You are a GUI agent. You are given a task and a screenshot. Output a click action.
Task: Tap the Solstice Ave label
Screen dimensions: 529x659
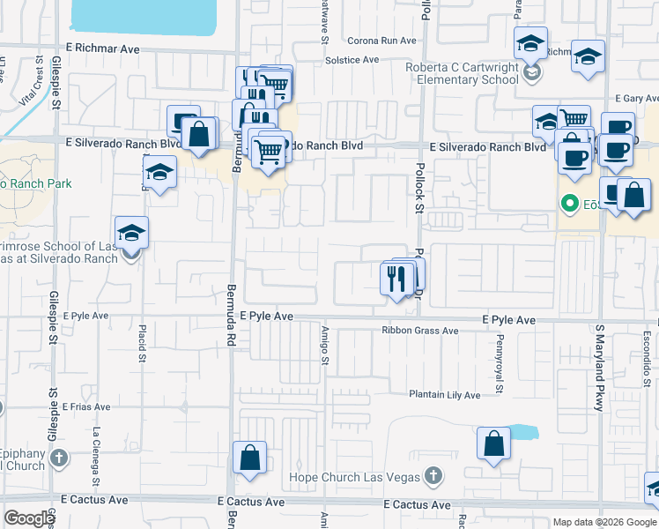coord(352,60)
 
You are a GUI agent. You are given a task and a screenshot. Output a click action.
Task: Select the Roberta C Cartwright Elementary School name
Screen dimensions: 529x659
coord(463,73)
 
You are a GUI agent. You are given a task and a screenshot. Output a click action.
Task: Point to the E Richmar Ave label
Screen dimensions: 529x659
coord(102,49)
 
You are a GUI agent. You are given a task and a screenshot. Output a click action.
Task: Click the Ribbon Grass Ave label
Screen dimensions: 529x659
coord(420,331)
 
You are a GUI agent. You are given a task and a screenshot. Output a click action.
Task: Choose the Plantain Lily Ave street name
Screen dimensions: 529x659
coord(444,395)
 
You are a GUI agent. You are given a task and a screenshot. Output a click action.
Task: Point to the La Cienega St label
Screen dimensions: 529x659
coord(95,455)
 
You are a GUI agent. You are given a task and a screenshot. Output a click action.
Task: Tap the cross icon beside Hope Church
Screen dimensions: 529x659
coord(432,477)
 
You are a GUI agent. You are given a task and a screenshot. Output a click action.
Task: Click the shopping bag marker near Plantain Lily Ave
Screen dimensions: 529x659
coord(493,444)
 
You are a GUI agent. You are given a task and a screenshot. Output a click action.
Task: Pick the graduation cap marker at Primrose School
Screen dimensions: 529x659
coord(131,234)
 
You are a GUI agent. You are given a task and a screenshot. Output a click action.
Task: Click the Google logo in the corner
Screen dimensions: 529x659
coord(29,518)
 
